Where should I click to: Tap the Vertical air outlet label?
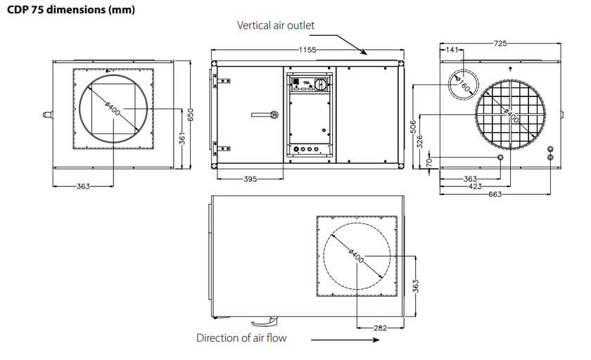point(275,25)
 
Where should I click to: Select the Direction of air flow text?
point(241,337)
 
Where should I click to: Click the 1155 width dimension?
point(307,50)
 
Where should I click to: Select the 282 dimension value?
point(381,328)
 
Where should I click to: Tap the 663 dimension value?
point(495,194)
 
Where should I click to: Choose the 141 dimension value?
point(451,50)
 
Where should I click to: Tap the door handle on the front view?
point(270,115)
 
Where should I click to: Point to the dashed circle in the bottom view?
point(357,254)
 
